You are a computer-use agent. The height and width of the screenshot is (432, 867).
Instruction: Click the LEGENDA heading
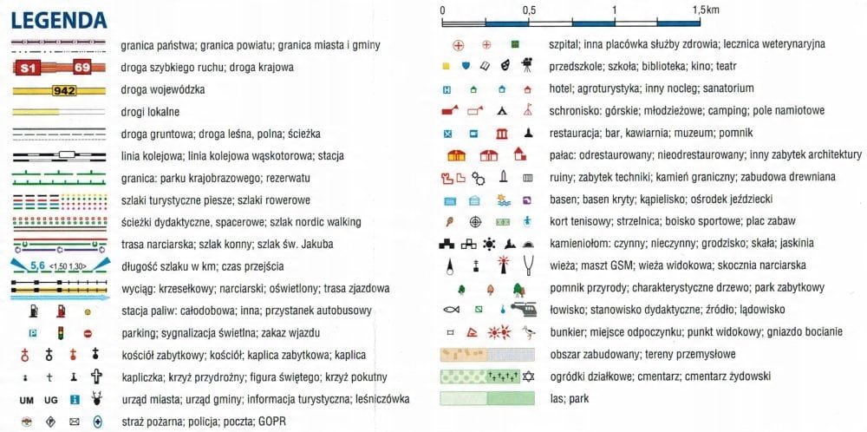pos(60,19)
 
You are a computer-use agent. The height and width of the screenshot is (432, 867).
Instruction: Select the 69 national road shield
pos(82,67)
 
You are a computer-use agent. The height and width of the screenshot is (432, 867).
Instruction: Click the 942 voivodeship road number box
pos(65,89)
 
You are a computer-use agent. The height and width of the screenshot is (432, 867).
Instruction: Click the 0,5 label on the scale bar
pos(528,9)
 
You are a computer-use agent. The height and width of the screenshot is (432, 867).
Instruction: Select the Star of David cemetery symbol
pos(527,376)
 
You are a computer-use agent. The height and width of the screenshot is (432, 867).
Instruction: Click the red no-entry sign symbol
pos(88,333)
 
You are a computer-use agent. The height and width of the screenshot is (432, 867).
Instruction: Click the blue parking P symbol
pos(33,333)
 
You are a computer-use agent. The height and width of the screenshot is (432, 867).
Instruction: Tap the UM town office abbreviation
pos(26,400)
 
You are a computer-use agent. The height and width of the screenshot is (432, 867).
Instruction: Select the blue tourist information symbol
pos(75,400)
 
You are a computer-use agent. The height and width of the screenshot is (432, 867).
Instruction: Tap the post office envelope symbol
pos(75,422)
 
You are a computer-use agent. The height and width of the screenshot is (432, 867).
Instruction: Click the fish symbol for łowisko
pos(450,309)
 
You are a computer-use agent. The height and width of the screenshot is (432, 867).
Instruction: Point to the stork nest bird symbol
pos(528,331)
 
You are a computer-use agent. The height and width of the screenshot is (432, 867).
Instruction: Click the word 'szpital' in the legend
pos(566,43)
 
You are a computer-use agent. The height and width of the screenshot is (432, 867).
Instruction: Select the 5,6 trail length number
pos(37,265)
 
